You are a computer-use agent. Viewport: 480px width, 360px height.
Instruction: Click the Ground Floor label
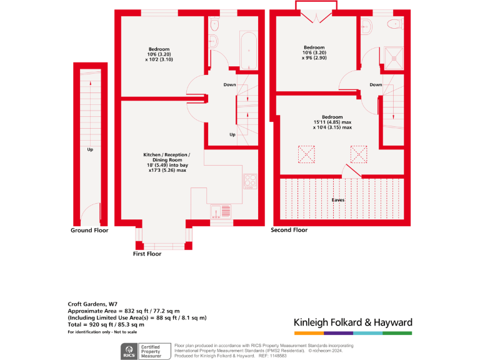[x=89, y=231]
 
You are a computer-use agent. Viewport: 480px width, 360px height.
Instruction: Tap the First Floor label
[x=147, y=254]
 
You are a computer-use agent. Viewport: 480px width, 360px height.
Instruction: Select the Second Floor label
[x=289, y=231]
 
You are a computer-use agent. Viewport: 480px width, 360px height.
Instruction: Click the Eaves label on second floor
[x=338, y=200]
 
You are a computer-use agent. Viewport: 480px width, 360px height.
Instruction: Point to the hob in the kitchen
[x=251, y=181]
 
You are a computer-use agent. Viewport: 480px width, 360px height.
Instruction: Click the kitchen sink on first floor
[x=221, y=211]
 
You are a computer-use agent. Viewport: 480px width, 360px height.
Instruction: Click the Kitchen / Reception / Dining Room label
[x=167, y=162]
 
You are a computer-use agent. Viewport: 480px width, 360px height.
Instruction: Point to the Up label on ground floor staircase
[x=90, y=149]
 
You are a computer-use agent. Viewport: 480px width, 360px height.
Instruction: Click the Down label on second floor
[x=376, y=85]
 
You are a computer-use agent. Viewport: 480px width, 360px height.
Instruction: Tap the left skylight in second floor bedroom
[x=307, y=154]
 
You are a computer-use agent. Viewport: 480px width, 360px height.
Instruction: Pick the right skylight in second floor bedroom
[x=359, y=154]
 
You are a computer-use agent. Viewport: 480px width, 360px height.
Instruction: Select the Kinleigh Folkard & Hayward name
[x=353, y=322]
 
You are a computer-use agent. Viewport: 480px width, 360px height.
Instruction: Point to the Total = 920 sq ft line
[x=106, y=324]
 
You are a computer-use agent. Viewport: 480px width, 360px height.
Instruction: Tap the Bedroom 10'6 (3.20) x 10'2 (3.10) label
[x=159, y=54]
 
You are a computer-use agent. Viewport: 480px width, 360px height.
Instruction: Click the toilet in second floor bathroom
[x=394, y=24]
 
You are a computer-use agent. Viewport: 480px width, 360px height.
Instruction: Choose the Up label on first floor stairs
[x=232, y=134]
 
